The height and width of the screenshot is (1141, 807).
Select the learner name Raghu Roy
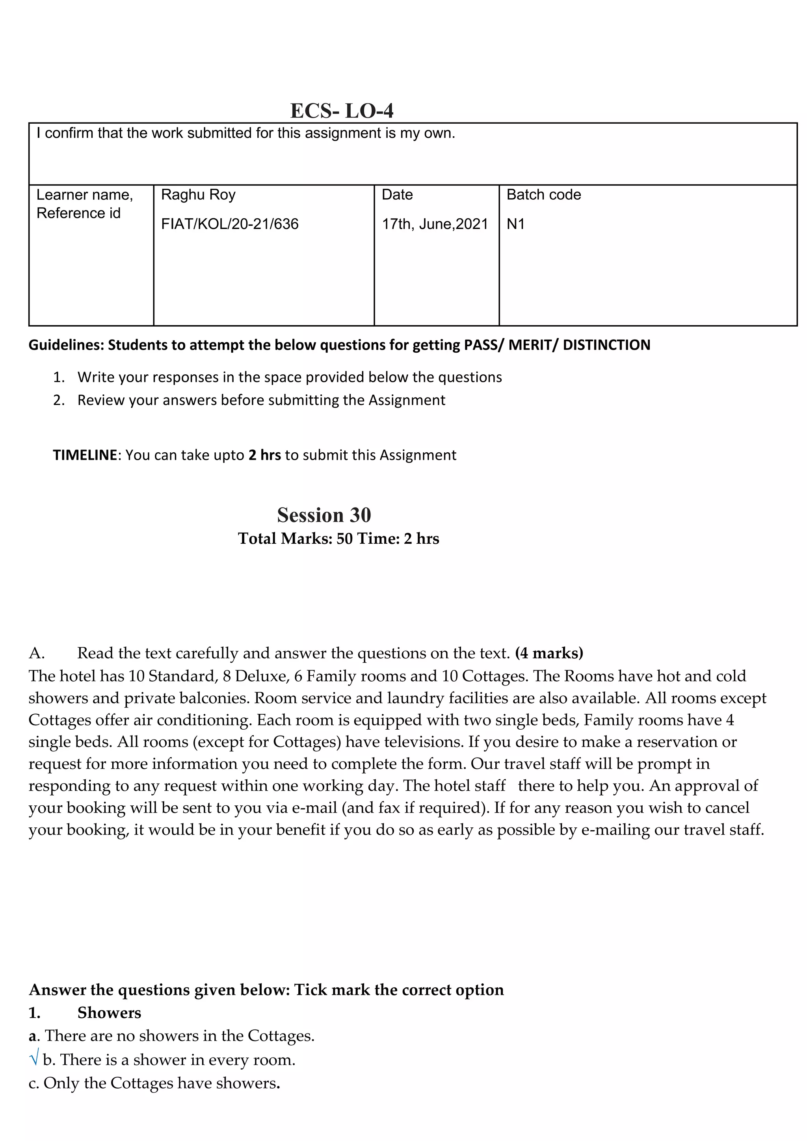pos(198,194)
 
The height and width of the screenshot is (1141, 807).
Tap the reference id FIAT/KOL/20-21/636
pos(230,224)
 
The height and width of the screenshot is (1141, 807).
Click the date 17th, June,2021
pos(435,224)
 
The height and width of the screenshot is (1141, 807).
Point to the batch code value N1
pos(515,224)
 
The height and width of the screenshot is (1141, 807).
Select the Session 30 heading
pos(324,515)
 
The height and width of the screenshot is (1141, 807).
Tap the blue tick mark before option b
pos(34,1059)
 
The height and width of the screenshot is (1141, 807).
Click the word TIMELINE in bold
pos(84,455)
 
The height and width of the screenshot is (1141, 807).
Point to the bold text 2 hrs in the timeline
pos(264,455)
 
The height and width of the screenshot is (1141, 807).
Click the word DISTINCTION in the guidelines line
pos(606,345)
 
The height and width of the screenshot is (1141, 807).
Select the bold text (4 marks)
pos(549,652)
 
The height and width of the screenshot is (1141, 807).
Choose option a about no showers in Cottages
pos(171,1036)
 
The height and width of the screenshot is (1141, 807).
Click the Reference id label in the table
pos(78,213)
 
